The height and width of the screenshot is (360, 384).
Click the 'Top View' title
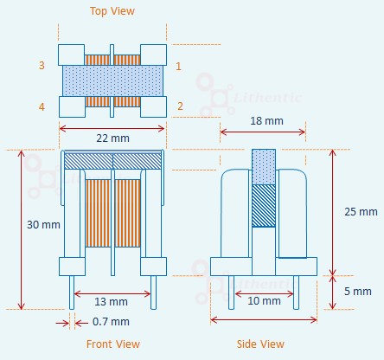(x=112, y=11)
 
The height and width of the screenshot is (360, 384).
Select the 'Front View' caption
(x=113, y=344)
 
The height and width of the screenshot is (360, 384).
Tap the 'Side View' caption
(x=260, y=344)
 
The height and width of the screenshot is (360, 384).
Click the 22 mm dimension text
(x=112, y=138)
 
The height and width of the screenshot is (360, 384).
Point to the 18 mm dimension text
(x=266, y=120)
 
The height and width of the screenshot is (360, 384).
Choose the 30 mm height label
(x=43, y=224)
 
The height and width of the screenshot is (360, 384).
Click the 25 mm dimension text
(x=361, y=212)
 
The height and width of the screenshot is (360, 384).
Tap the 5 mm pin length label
(x=358, y=292)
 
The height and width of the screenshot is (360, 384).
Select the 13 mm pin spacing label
(x=112, y=302)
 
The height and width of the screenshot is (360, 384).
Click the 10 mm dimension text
(x=264, y=301)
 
